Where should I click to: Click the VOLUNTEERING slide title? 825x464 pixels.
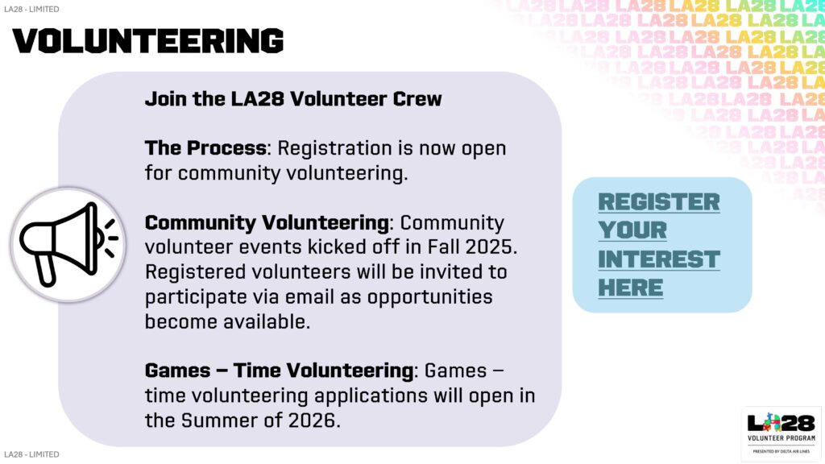coord(149,39)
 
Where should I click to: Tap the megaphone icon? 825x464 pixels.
coord(68,243)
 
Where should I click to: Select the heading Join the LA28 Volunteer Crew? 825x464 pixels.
coord(293,99)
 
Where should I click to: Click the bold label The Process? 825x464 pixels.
coord(205,148)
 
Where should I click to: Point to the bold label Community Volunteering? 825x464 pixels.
coord(267,222)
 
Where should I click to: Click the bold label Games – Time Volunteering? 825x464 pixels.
coord(279,371)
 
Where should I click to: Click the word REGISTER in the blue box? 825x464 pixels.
coord(659,202)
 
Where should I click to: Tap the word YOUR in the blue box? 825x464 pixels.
coord(632,230)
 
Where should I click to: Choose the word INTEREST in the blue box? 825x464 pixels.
coord(659,259)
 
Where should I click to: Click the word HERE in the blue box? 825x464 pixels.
coord(631,288)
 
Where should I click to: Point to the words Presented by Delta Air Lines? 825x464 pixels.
coord(781,451)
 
